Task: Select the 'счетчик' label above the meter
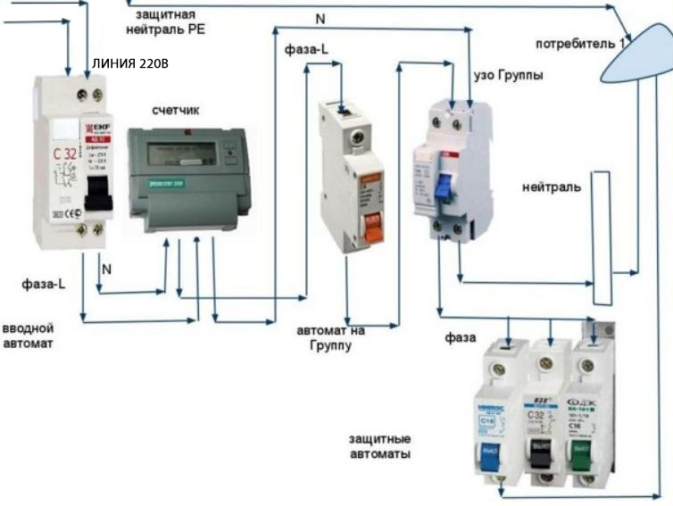click(x=176, y=110)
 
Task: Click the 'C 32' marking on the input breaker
click(x=64, y=153)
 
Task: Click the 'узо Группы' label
click(x=507, y=75)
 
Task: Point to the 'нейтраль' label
click(x=552, y=187)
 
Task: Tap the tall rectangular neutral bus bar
click(x=601, y=236)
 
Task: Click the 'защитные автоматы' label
click(x=380, y=446)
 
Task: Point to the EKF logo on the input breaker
click(x=95, y=127)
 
